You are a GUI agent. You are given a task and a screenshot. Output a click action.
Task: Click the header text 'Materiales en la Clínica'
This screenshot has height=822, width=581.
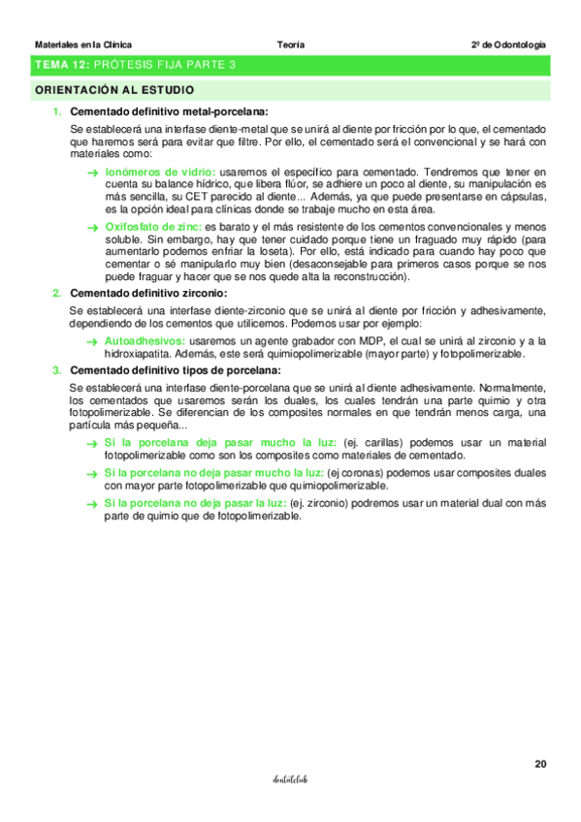tap(83, 45)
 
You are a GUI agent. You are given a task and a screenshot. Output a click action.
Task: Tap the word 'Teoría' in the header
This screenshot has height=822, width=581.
tap(290, 45)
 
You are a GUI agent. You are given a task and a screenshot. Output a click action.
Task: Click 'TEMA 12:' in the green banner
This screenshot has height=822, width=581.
tap(62, 65)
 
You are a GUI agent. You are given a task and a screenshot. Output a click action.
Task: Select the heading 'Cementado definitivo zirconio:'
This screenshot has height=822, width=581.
tap(148, 293)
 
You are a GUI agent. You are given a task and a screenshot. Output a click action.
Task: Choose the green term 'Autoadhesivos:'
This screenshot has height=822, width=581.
tap(145, 341)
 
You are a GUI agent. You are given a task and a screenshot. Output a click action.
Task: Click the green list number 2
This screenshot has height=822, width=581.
tap(57, 293)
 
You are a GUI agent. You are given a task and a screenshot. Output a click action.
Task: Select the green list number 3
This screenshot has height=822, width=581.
tap(57, 369)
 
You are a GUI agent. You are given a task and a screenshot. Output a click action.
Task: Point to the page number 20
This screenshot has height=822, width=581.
tap(540, 764)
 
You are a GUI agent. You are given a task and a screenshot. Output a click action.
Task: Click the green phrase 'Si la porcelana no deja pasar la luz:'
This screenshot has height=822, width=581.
tap(195, 502)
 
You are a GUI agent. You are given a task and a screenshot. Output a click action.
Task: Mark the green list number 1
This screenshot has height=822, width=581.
tap(57, 111)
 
